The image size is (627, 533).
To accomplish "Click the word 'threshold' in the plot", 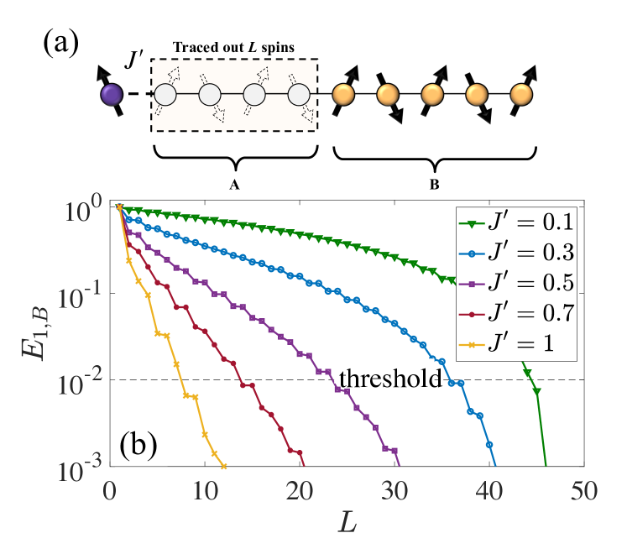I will pos(389,379).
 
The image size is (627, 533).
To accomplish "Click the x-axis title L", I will pos(346,514).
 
